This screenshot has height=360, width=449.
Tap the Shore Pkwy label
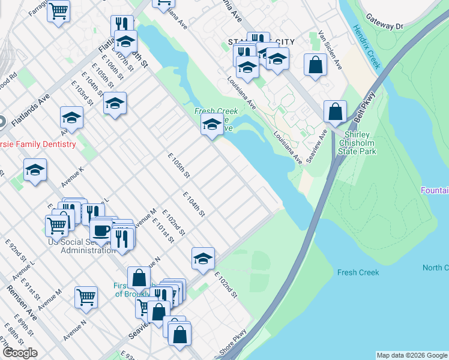coord(234,341)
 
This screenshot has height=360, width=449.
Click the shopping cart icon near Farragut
coord(59,11)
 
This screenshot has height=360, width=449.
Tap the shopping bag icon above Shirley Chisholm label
coord(335,112)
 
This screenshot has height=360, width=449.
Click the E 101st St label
coord(163,230)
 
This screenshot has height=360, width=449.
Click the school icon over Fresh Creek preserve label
coord(211,126)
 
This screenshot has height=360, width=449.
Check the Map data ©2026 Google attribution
coord(411,355)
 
